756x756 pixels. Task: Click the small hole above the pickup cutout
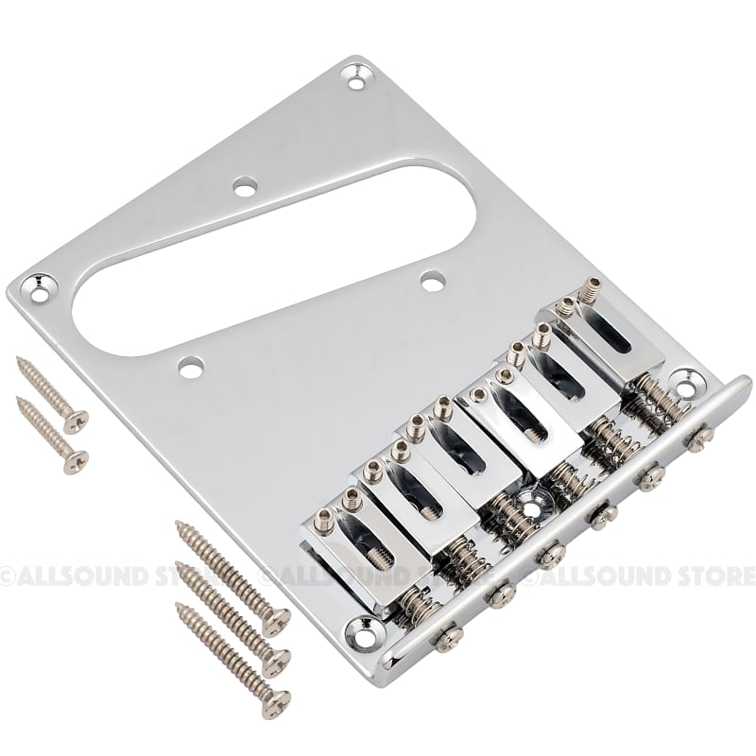(245, 188)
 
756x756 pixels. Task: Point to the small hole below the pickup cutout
(191, 364)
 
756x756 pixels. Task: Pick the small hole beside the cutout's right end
(432, 281)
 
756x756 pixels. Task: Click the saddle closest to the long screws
(350, 529)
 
